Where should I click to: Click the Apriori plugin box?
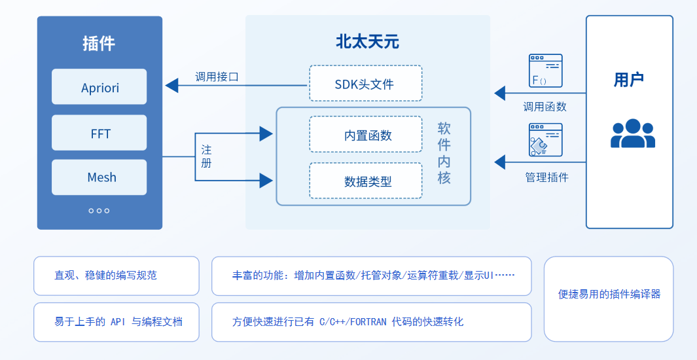(x=99, y=87)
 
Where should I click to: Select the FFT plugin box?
(x=99, y=134)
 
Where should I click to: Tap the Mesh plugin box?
(x=99, y=177)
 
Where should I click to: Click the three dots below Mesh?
(x=99, y=211)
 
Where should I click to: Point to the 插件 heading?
(x=99, y=44)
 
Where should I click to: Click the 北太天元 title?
(x=367, y=43)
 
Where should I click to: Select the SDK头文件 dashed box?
(x=365, y=84)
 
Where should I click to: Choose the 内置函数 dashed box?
(x=365, y=135)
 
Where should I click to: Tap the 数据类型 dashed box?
(x=365, y=181)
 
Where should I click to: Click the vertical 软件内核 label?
(x=444, y=153)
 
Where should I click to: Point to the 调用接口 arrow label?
(x=217, y=77)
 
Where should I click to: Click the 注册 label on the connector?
(x=206, y=156)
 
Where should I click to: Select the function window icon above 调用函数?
(x=545, y=71)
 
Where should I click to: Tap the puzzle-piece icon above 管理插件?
(x=545, y=139)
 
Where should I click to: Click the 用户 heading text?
(x=629, y=80)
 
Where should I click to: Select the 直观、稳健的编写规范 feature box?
(x=116, y=276)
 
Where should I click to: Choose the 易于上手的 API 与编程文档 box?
(x=116, y=321)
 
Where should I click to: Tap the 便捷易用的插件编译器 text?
(x=609, y=294)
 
